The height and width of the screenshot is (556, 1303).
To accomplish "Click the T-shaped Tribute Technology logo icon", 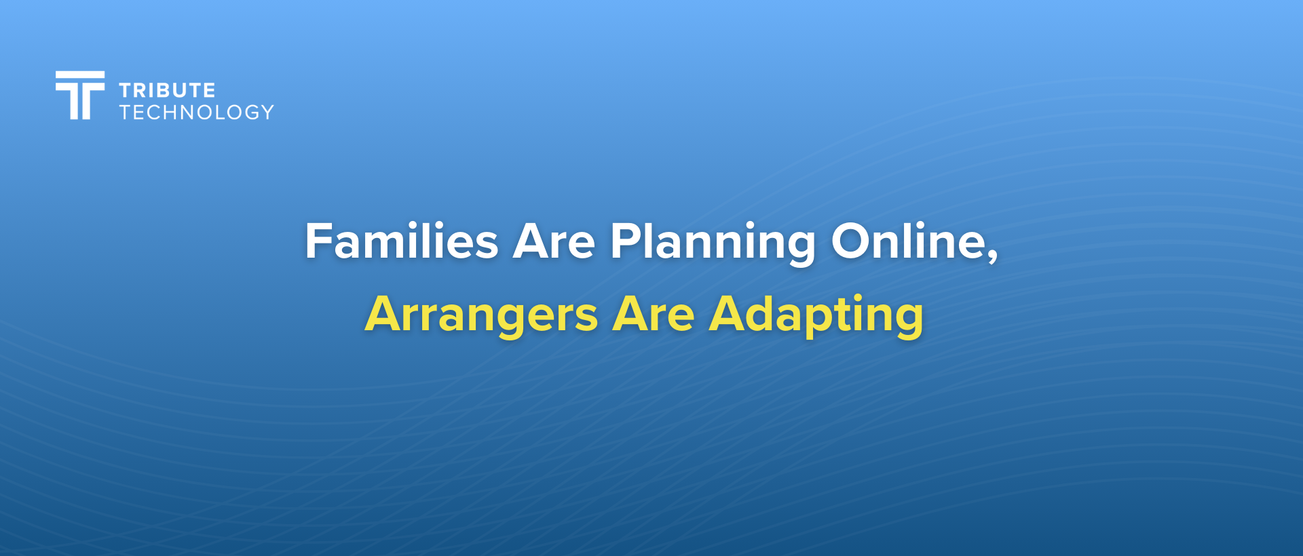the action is (80, 95).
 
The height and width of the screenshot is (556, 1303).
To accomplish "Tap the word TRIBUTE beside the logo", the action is (167, 90).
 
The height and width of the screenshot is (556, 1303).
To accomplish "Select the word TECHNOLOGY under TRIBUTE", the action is (197, 112).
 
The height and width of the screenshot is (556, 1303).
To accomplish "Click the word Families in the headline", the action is (402, 241).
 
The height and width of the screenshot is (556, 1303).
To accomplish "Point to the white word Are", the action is (554, 241).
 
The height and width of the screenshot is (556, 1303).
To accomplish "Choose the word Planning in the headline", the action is (713, 243).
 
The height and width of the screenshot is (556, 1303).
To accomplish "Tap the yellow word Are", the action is (654, 315).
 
